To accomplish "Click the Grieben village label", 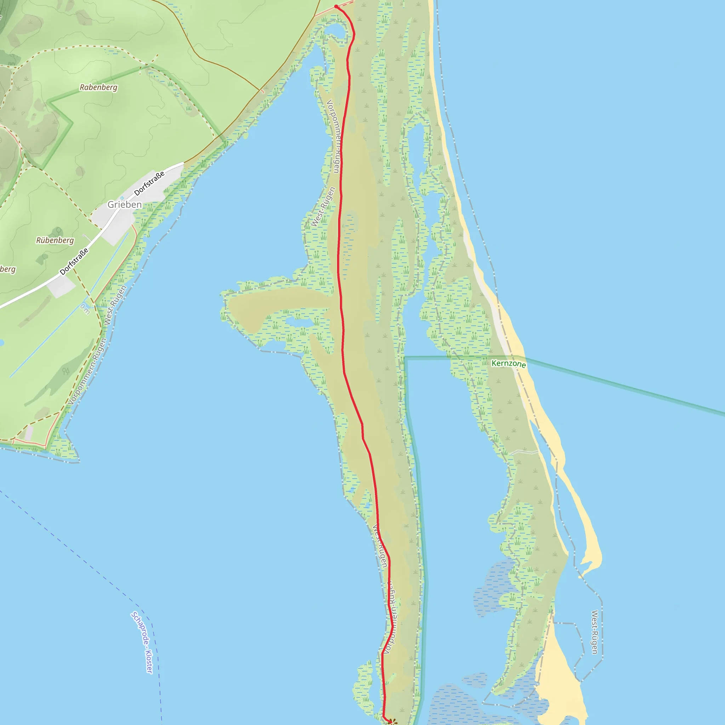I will click(125, 205).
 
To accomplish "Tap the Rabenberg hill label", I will click(98, 87).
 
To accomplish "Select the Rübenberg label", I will click(55, 240).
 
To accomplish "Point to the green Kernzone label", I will click(508, 363).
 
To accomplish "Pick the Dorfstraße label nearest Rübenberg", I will click(74, 261).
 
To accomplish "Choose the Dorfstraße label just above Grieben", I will click(149, 183).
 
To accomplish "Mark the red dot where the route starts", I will click(336, 6).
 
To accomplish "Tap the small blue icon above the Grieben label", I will click(122, 198).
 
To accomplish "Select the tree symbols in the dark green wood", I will click(66, 371).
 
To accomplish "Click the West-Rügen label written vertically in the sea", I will click(594, 632).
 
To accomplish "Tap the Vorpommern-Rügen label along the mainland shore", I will click(88, 371).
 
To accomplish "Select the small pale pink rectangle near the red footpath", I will click(29, 433).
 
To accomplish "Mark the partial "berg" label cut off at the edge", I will click(7, 269).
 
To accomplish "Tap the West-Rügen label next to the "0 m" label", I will click(115, 305).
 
